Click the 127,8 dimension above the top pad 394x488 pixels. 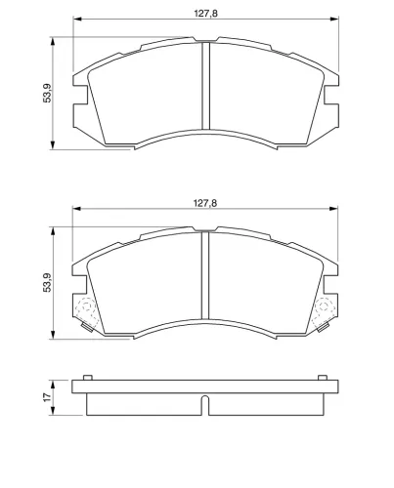[x=205, y=14]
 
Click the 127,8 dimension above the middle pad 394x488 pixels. [x=205, y=203]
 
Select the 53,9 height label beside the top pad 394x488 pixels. [x=47, y=94]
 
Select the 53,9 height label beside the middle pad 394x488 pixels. [x=47, y=282]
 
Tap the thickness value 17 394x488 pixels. [x=48, y=397]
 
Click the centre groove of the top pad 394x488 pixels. [x=205, y=86]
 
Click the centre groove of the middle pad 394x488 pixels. [x=205, y=275]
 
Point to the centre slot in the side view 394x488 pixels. [x=205, y=405]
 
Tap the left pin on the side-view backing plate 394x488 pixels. [x=88, y=378]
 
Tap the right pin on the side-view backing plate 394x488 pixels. [x=323, y=378]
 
